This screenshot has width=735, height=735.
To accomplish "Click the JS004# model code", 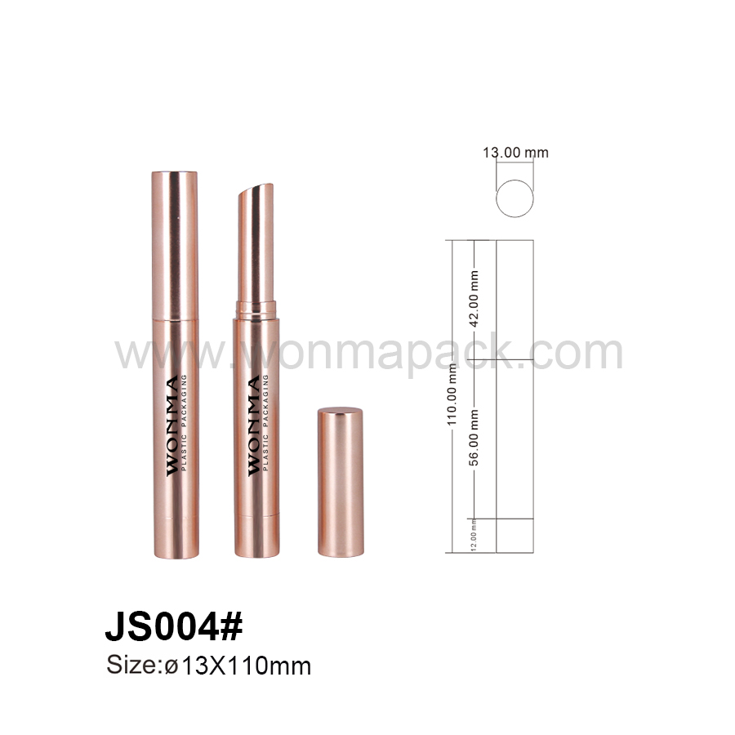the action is [x=174, y=626].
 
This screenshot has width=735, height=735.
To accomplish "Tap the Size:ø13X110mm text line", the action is [x=208, y=666].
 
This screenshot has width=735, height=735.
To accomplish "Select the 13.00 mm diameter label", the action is [x=515, y=153].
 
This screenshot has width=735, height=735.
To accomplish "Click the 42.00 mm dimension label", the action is [x=474, y=299].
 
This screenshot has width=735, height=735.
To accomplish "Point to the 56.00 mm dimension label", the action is [x=474, y=438].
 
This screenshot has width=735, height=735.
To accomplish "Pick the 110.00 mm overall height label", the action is [x=452, y=395].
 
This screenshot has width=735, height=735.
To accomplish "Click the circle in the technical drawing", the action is [x=514, y=180].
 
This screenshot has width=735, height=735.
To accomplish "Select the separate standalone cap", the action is [x=341, y=482].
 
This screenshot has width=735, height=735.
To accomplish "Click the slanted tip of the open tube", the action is [x=256, y=189].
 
